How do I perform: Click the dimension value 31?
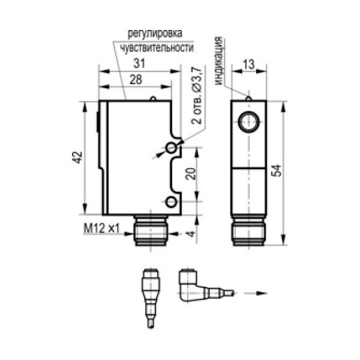tap(139, 63)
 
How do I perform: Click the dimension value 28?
tap(136, 79)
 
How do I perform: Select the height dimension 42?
tap(77, 157)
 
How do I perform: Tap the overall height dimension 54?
tap(276, 170)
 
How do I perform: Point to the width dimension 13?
tap(248, 64)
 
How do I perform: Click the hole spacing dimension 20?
tap(191, 173)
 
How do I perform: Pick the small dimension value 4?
tap(191, 234)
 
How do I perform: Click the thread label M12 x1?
tap(102, 229)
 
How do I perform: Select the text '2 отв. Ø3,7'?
tap(197, 95)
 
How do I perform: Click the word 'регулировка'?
tap(155, 34)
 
